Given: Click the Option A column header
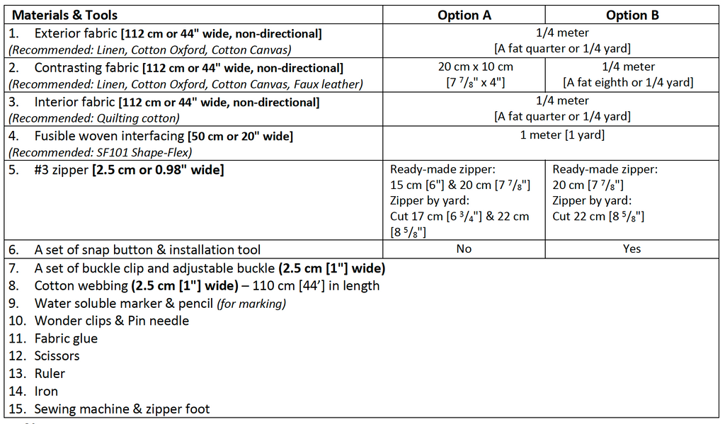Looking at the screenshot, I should pyautogui.click(x=464, y=15).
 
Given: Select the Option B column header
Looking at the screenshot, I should pyautogui.click(x=632, y=15).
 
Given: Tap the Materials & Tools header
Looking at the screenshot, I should pyautogui.click(x=65, y=15).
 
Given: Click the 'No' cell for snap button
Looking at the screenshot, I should pyautogui.click(x=464, y=248).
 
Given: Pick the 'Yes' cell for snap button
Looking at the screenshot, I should pyautogui.click(x=632, y=248).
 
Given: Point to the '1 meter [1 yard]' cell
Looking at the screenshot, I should pyautogui.click(x=561, y=135).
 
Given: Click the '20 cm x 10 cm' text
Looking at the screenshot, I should pyautogui.click(x=475, y=67).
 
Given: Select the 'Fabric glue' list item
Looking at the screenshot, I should pyautogui.click(x=66, y=338).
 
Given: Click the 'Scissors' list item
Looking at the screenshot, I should pyautogui.click(x=57, y=356).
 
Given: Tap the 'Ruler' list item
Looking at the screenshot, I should pyautogui.click(x=50, y=374).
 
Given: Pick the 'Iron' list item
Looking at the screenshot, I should pyautogui.click(x=46, y=391).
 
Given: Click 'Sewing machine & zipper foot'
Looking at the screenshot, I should pyautogui.click(x=122, y=409).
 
